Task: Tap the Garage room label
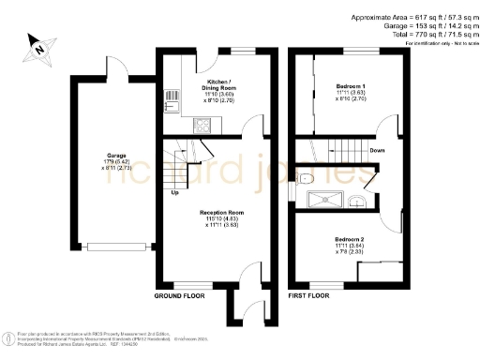[115, 155]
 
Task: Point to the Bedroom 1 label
[351, 87]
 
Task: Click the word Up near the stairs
[174, 193]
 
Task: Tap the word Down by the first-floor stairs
[376, 150]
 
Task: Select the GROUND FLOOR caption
[179, 295]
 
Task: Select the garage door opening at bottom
[117, 247]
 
